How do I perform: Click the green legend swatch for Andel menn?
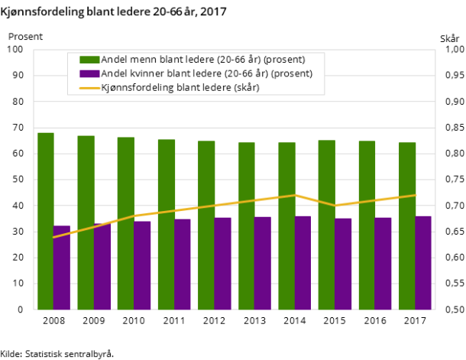pyautogui.click(x=89, y=60)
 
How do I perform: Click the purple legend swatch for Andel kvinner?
pyautogui.click(x=89, y=73)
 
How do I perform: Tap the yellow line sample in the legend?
pyautogui.click(x=89, y=88)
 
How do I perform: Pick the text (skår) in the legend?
pyautogui.click(x=246, y=88)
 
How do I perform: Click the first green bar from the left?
pyautogui.click(x=46, y=221)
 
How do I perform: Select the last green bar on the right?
pyautogui.click(x=407, y=225)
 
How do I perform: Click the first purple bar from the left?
pyautogui.click(x=62, y=268)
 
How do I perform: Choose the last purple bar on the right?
pyautogui.click(x=423, y=263)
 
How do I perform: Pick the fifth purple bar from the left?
pyautogui.click(x=222, y=264)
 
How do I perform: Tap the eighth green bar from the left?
pyautogui.click(x=327, y=225)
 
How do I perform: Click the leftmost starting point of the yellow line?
pyautogui.click(x=53, y=237)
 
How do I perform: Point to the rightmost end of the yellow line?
pyautogui.click(x=415, y=195)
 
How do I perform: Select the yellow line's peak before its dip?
pyautogui.click(x=295, y=195)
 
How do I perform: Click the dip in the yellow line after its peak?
pyautogui.click(x=335, y=206)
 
